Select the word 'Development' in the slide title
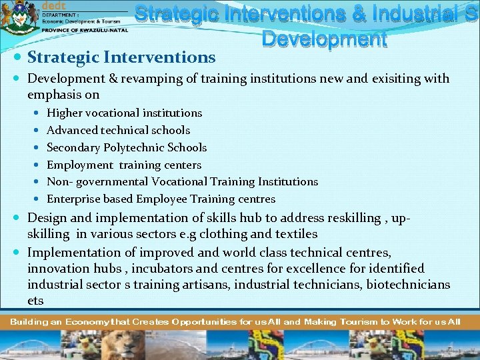pos(324,39)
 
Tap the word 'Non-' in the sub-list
pos(59,182)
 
